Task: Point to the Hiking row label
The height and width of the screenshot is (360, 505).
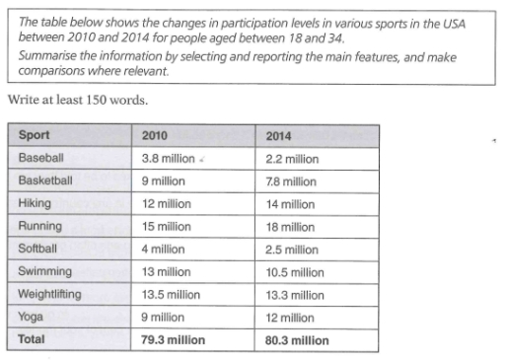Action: coord(36,203)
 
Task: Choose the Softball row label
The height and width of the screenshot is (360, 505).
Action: coord(38,249)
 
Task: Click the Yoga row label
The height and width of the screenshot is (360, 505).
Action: coord(31,317)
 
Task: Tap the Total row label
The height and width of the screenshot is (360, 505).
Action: coord(33,339)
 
